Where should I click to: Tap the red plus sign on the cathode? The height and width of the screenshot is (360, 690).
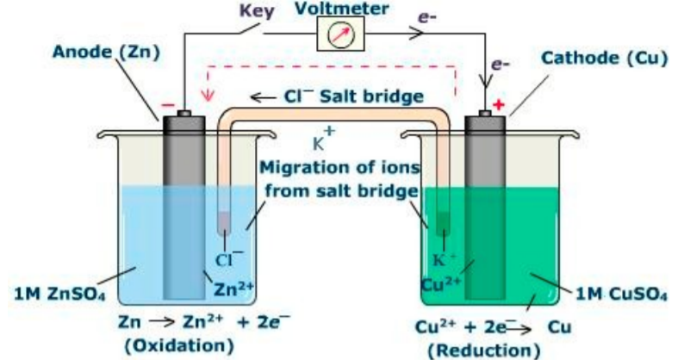tap(496, 106)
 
